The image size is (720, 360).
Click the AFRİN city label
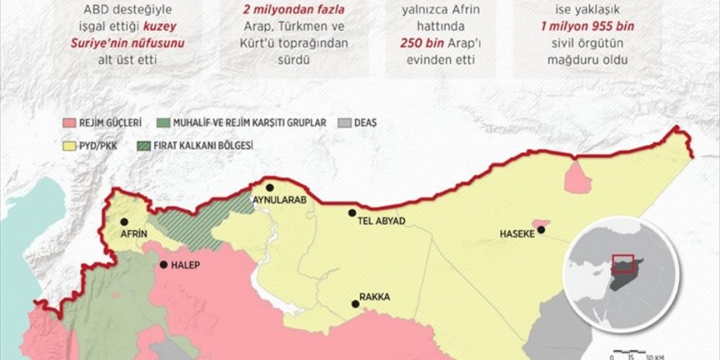[x=133, y=233]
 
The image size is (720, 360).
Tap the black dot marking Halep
[x=163, y=264]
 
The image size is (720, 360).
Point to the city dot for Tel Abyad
[x=352, y=213]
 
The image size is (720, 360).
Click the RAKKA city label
[x=374, y=298]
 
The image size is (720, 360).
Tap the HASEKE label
[x=517, y=234]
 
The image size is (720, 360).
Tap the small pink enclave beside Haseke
[x=541, y=223]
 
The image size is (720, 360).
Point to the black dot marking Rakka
[x=356, y=304]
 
